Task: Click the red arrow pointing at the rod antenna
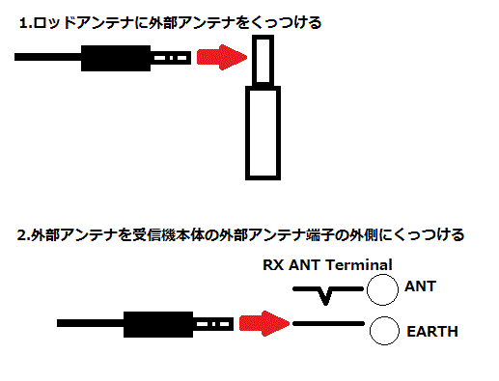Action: click(217, 60)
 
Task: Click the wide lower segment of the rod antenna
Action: click(263, 132)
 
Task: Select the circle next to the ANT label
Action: click(385, 288)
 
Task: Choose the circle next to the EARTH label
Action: click(385, 330)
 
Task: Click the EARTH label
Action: click(432, 333)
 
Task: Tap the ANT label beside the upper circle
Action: click(421, 286)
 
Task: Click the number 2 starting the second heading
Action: click(21, 234)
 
